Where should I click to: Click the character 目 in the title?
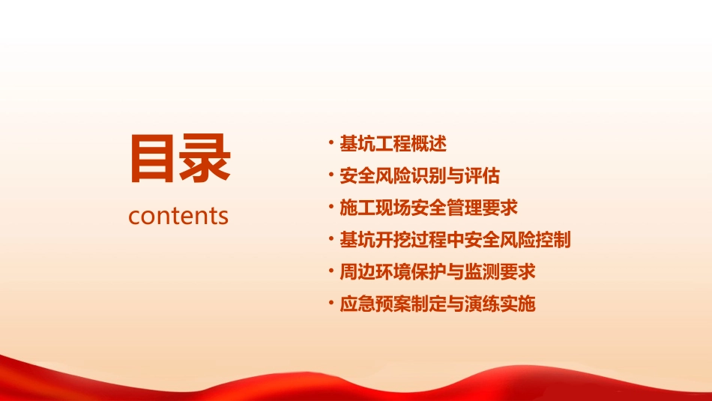[153, 159]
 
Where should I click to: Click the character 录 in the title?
[205, 159]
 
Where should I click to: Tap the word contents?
[178, 216]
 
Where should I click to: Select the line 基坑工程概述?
[393, 144]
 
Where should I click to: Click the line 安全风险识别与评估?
[420, 176]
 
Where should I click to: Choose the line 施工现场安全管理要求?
[429, 208]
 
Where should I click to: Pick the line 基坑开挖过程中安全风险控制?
[455, 241]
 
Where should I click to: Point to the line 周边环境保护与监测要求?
[438, 272]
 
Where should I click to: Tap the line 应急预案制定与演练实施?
[438, 304]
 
